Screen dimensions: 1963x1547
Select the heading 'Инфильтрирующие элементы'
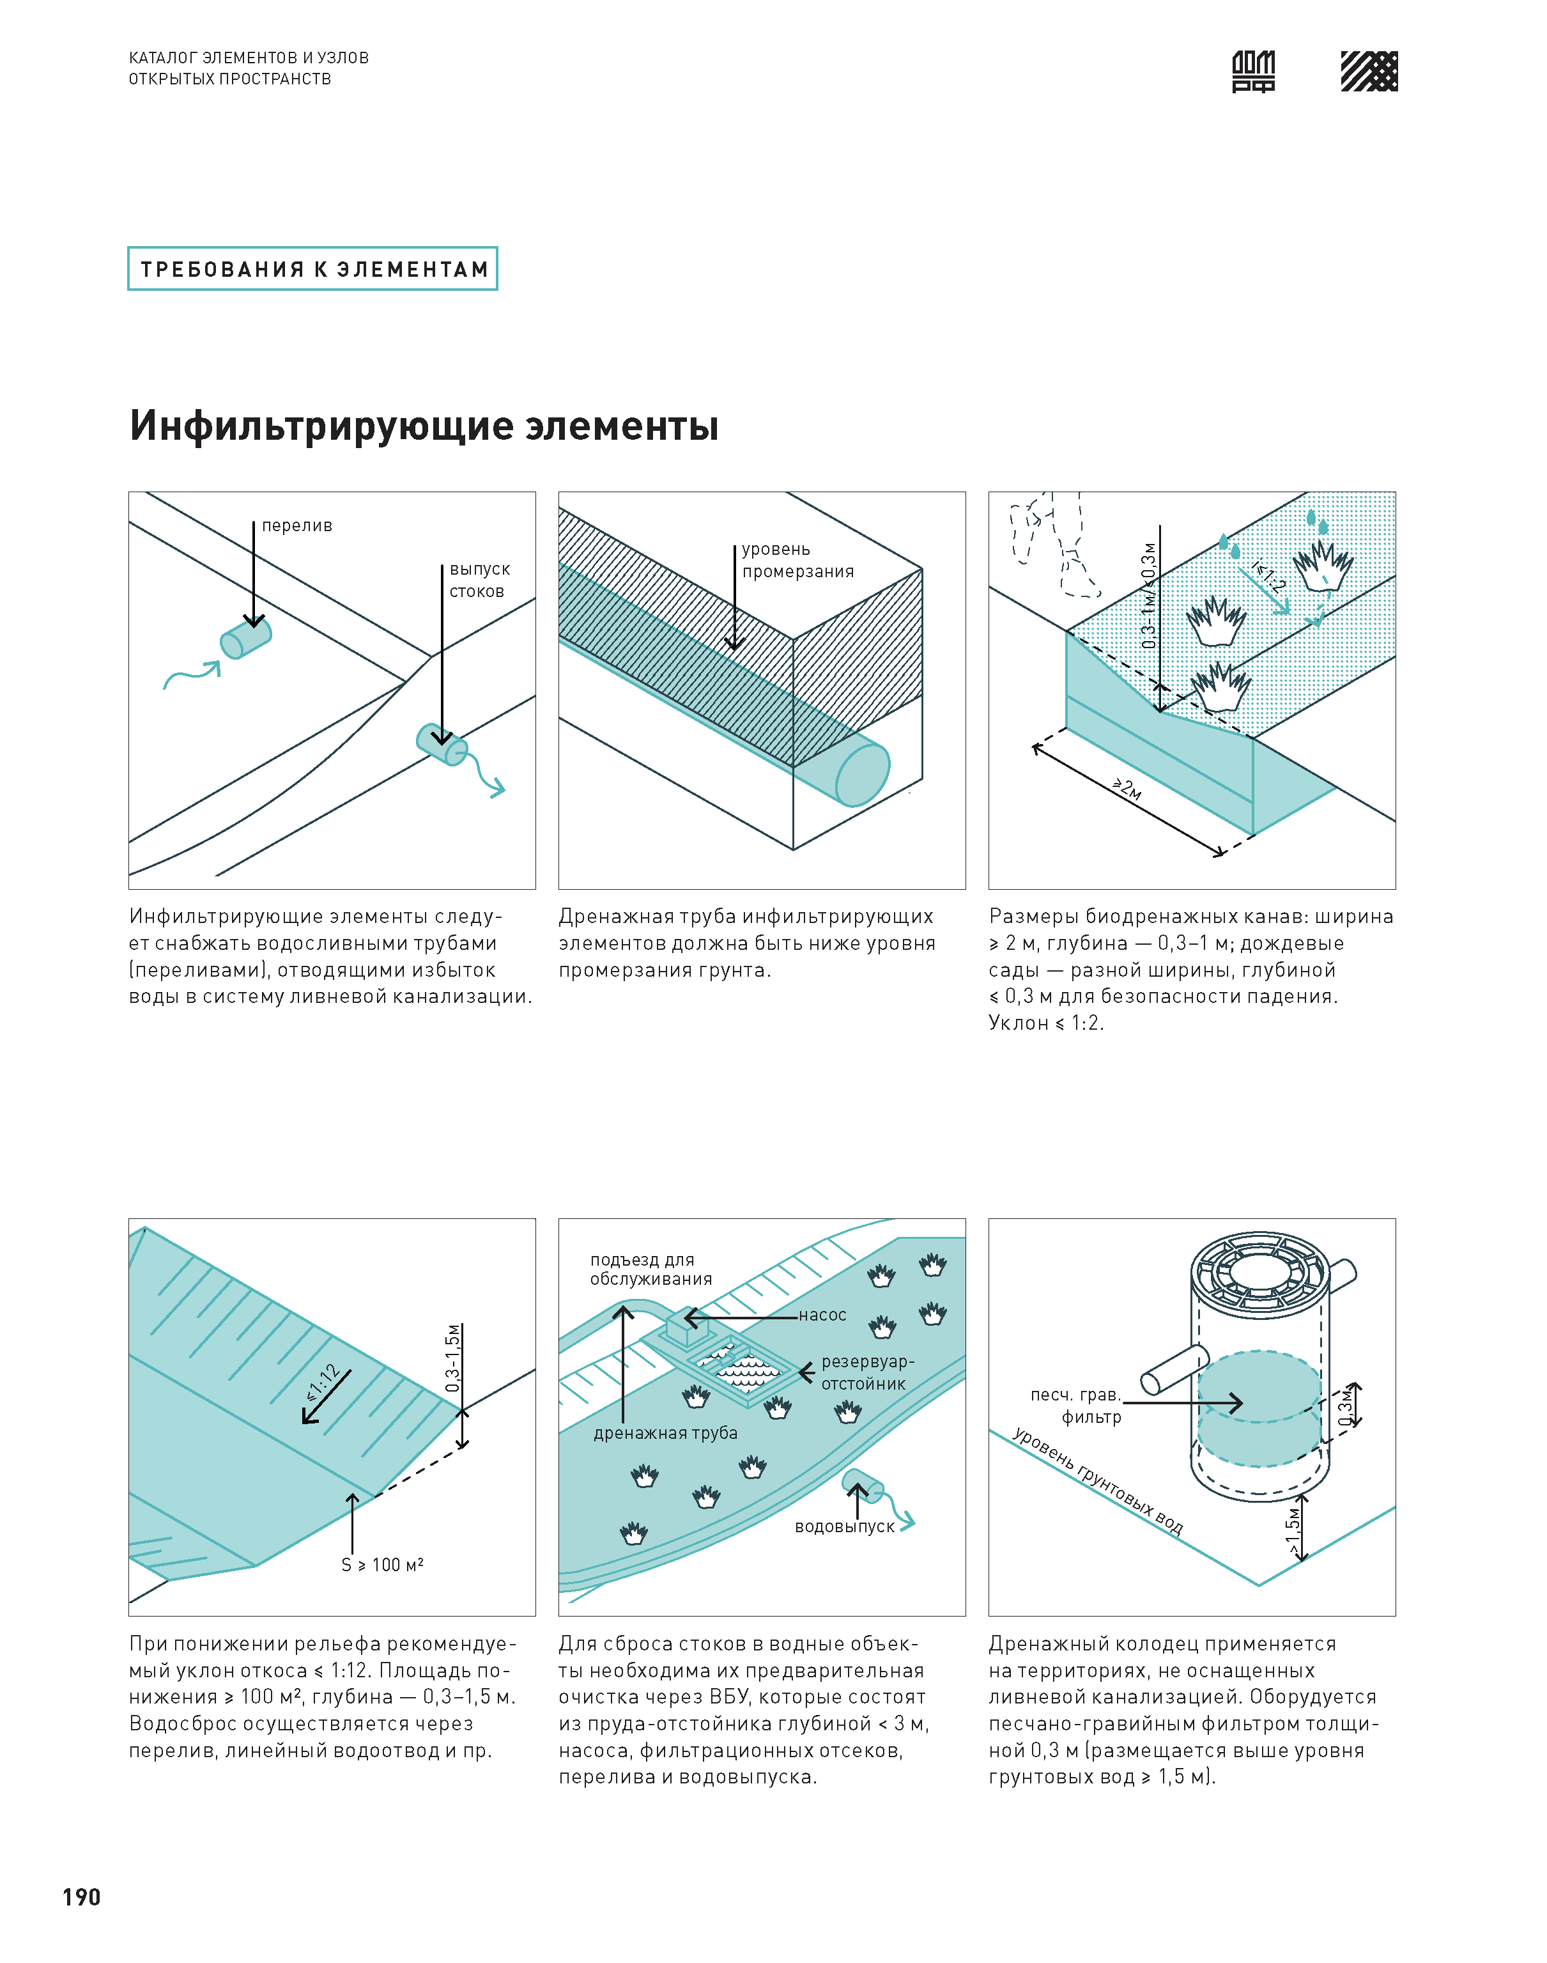pyautogui.click(x=424, y=426)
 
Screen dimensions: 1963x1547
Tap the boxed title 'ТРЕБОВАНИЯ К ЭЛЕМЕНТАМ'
pyautogui.click(x=312, y=269)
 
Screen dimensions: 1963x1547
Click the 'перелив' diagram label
pyautogui.click(x=296, y=525)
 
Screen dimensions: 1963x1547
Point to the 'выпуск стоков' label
pyautogui.click(x=479, y=580)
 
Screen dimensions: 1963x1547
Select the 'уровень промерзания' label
pyautogui.click(x=797, y=560)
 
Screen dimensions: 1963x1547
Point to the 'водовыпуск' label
pyautogui.click(x=844, y=1526)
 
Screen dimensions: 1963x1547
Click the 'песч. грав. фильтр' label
pyautogui.click(x=1078, y=1406)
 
